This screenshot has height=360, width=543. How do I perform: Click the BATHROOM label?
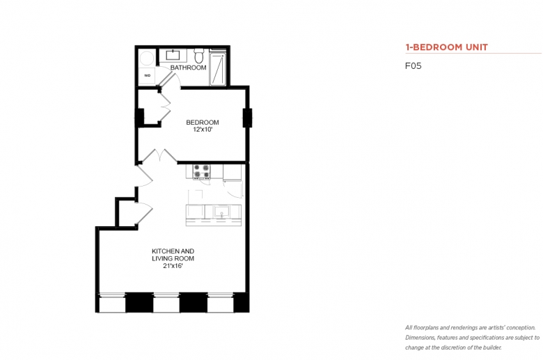click(x=188, y=68)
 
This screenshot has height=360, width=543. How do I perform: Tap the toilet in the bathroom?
click(x=198, y=56)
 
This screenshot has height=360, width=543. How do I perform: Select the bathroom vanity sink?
click(x=173, y=55)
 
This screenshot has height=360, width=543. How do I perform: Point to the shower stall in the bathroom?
click(x=218, y=68)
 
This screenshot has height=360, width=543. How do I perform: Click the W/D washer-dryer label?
click(x=147, y=75)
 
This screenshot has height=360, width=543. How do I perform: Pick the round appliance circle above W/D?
click(x=147, y=58)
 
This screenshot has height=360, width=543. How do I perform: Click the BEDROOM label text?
click(x=203, y=123)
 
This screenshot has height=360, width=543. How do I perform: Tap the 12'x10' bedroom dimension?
click(x=203, y=130)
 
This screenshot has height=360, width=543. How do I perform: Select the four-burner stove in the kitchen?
click(x=202, y=171)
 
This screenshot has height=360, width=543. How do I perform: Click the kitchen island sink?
click(x=221, y=212)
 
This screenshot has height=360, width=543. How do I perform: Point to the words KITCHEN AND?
click(x=173, y=251)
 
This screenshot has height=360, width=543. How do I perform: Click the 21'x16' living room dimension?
click(x=173, y=266)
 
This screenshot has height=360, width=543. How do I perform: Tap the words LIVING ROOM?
click(x=173, y=258)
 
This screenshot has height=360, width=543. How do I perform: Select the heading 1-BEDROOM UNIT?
click(x=446, y=47)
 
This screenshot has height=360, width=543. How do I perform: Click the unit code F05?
click(x=413, y=66)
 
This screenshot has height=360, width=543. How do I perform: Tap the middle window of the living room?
click(x=166, y=303)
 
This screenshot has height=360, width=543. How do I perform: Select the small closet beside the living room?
click(x=127, y=214)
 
